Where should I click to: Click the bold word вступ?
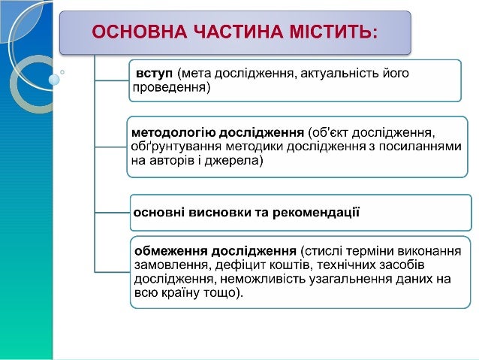click(154, 74)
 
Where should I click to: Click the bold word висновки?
click(221, 212)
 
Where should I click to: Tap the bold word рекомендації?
click(315, 212)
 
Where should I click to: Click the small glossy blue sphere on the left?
click(53, 78)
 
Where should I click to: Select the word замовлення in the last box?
click(166, 265)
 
